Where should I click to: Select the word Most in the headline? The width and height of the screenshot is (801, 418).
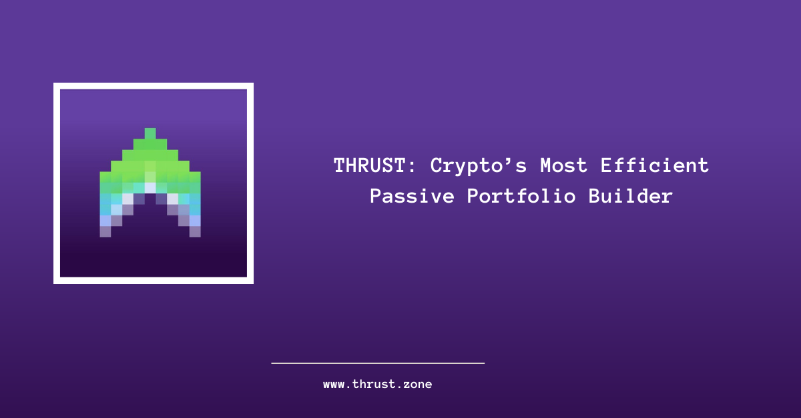point(563,166)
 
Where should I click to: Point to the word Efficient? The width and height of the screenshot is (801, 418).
point(654,165)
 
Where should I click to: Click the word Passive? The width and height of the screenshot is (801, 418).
point(412,196)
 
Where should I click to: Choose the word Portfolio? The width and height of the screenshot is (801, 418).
point(521,196)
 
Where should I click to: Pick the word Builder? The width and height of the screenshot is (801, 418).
point(630,196)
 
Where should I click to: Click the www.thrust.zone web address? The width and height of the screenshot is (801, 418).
point(378,385)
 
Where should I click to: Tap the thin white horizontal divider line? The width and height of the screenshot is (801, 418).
point(378,363)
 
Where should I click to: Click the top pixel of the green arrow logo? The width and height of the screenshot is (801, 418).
point(150,133)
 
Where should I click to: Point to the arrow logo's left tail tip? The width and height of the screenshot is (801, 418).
point(105,231)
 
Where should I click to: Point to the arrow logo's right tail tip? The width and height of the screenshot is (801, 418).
point(195,231)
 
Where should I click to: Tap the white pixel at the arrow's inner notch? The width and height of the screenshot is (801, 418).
point(150,188)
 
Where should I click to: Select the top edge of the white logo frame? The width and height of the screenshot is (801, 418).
point(154,86)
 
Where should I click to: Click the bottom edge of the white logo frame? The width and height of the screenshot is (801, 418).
point(154,281)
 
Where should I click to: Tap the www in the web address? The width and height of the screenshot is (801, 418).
point(334,385)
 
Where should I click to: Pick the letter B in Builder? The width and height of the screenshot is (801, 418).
point(594,197)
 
